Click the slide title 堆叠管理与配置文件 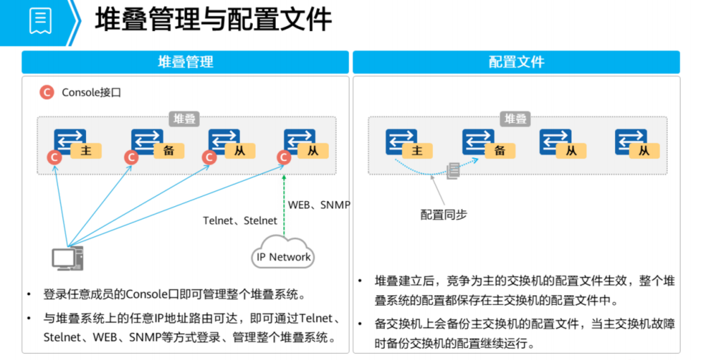point(213,20)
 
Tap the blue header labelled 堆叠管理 point(185,62)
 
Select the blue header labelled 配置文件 point(516,62)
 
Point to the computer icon point(67,259)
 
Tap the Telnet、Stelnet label point(240,221)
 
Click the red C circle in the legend point(47,92)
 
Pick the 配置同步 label point(443,215)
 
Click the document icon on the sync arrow point(453,170)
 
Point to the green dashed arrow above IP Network point(284,205)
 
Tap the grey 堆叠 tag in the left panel point(185,119)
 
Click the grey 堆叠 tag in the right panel point(516,119)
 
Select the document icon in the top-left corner point(40,20)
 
